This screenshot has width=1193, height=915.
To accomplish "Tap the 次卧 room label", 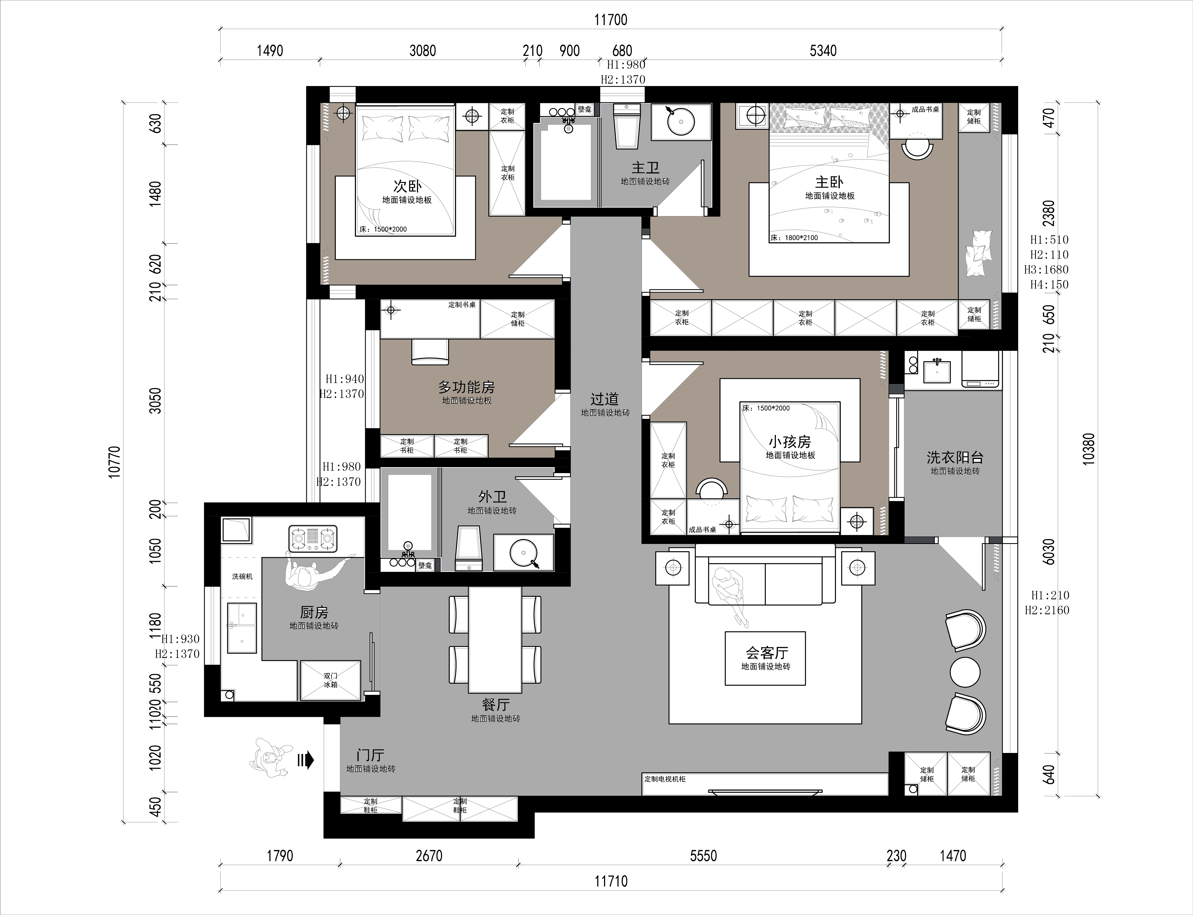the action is [407, 186].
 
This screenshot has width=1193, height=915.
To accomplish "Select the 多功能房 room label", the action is [467, 387].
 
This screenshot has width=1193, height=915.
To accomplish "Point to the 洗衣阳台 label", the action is [955, 458].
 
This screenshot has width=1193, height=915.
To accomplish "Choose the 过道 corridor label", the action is [605, 399].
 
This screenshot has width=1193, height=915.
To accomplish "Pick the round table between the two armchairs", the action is [965, 672].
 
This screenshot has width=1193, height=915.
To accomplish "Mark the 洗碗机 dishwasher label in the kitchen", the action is [242, 576].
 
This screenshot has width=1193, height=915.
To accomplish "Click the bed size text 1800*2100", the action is [800, 238].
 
